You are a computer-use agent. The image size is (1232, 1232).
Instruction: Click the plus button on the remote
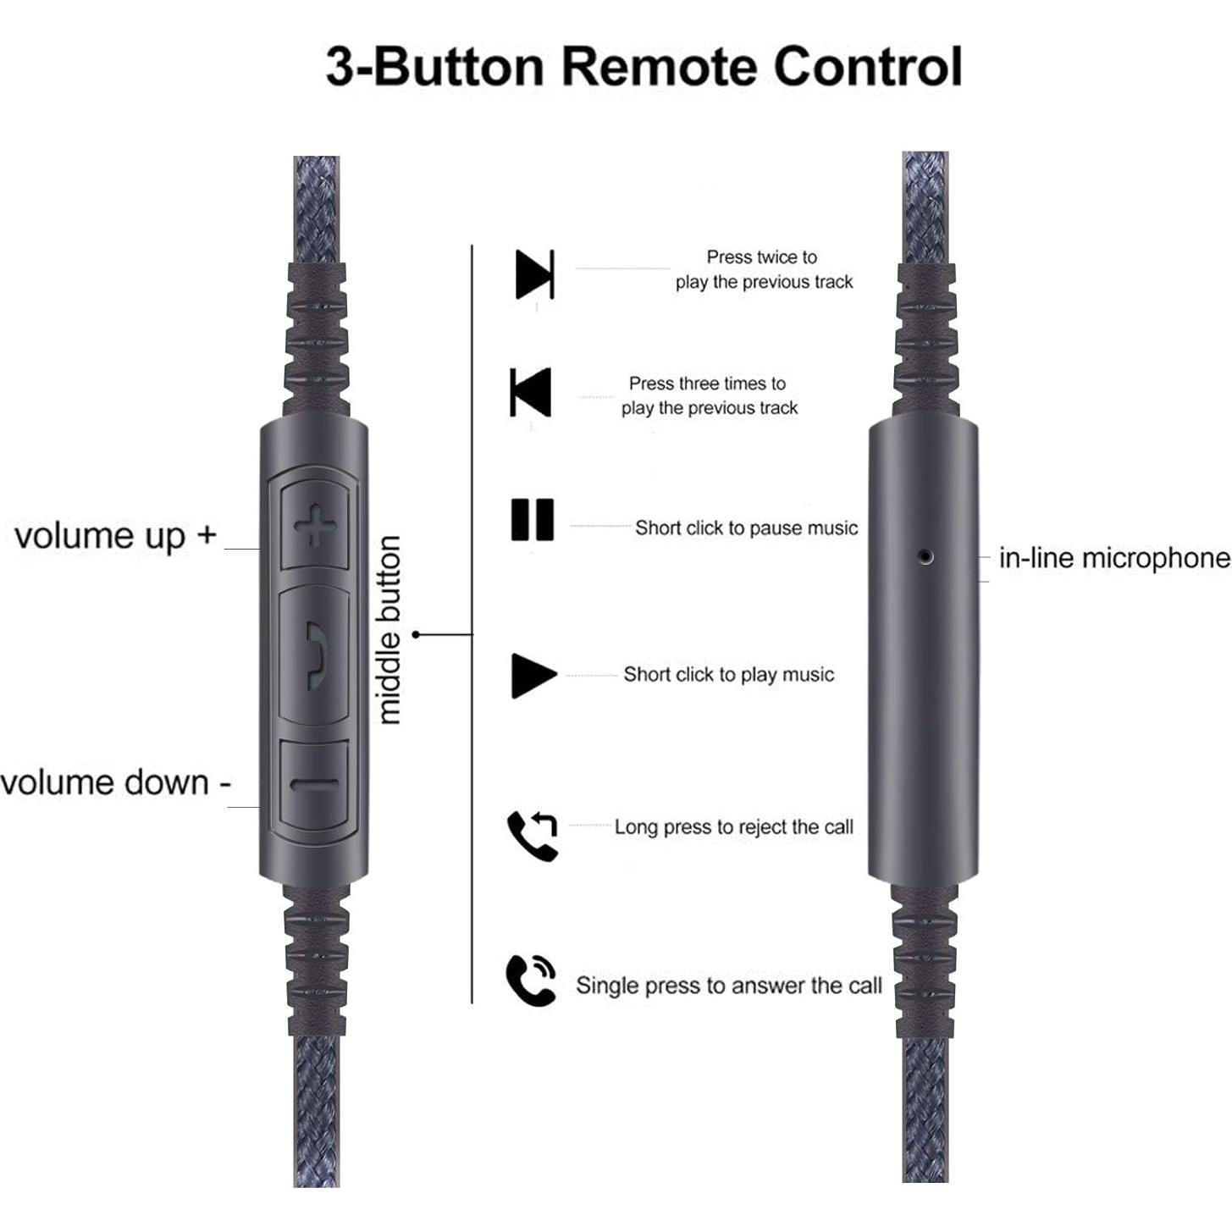coord(315,526)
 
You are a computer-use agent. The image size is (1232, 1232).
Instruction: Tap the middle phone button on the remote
coord(314,656)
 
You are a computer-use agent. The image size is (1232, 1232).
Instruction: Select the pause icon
coord(532,519)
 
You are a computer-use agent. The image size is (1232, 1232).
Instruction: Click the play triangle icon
coord(533,675)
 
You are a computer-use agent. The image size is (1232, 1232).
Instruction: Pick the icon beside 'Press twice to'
coord(535,274)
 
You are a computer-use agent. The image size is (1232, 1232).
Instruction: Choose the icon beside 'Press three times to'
coord(530,393)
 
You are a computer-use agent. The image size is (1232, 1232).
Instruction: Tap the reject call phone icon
coord(533,836)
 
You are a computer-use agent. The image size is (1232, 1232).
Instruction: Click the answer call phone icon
coord(531,981)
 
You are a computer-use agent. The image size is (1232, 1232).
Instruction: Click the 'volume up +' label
coord(116,536)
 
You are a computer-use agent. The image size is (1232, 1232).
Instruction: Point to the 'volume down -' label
coord(116,783)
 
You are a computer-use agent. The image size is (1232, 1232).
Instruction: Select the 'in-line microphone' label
coord(1114,557)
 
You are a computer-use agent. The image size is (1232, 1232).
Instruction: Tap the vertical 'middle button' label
coord(389,630)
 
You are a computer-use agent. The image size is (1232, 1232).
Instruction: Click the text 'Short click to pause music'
coord(746,528)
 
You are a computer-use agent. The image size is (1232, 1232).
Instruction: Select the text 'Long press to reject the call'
coord(734,827)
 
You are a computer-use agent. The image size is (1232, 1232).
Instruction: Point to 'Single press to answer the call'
coord(729,986)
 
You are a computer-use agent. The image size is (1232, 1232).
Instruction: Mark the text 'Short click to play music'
coord(729,675)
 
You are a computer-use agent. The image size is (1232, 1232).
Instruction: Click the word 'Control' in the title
coord(868,67)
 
